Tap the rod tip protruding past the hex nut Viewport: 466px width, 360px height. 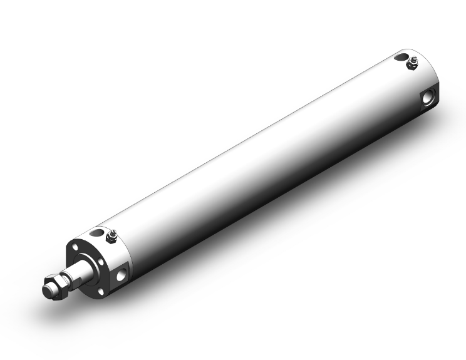click(47, 291)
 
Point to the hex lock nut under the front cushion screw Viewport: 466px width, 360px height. click(111, 237)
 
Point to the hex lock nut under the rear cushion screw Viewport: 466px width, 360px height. click(413, 64)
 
